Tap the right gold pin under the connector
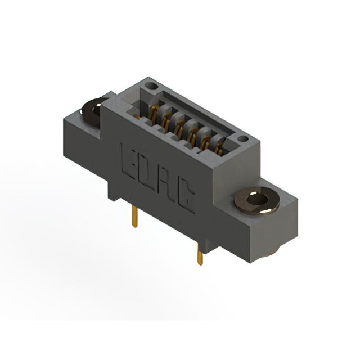click(200, 254)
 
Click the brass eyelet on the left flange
click(92, 112)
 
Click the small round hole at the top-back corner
click(151, 86)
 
